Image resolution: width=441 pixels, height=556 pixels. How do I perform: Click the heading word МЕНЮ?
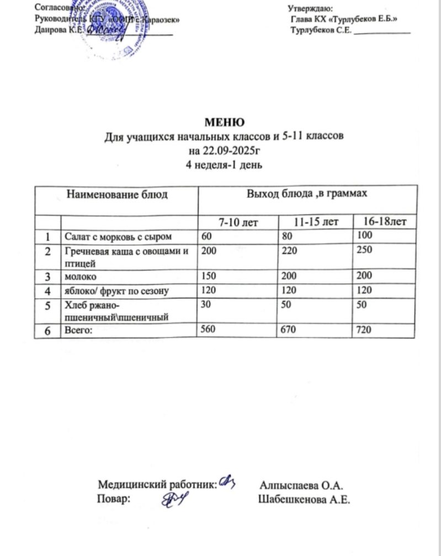(x=224, y=121)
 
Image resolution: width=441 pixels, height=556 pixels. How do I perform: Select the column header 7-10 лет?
(x=240, y=222)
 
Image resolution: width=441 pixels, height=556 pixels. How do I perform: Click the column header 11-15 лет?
(x=316, y=222)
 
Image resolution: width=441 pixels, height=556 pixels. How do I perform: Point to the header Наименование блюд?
(x=116, y=194)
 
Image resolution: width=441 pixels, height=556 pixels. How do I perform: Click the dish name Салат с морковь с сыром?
(x=119, y=237)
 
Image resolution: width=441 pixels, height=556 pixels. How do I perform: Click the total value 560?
(x=209, y=330)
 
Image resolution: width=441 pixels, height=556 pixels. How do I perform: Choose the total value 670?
(x=289, y=330)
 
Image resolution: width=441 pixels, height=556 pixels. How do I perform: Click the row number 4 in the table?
(x=49, y=288)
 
